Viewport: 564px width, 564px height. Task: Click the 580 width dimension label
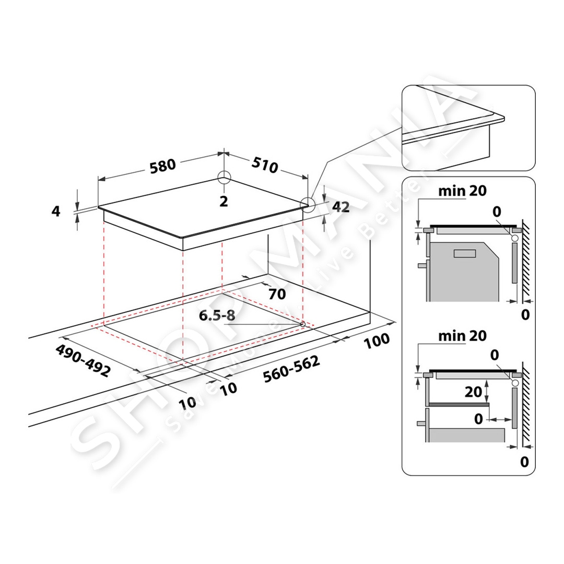(x=162, y=166)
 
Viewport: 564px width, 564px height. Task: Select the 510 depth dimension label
(x=265, y=164)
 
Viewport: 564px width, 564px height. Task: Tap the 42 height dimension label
(x=340, y=207)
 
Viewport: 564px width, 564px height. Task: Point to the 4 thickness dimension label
(x=56, y=211)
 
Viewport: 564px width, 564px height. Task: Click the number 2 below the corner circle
(x=224, y=202)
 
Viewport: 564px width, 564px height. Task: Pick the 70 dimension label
(x=277, y=294)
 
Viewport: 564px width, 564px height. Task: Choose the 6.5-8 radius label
(x=217, y=315)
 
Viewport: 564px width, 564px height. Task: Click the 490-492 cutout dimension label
(x=83, y=360)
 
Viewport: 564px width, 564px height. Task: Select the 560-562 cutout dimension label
(x=291, y=369)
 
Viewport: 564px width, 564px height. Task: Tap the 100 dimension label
(x=377, y=340)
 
